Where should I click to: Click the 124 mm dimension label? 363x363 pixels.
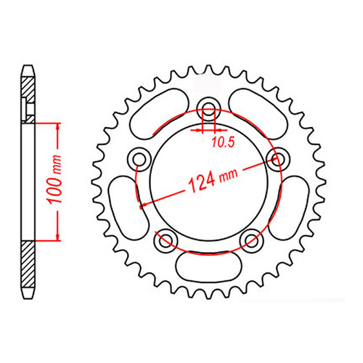pyautogui.click(x=208, y=179)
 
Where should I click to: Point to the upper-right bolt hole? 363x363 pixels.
pyautogui.click(x=275, y=158)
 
